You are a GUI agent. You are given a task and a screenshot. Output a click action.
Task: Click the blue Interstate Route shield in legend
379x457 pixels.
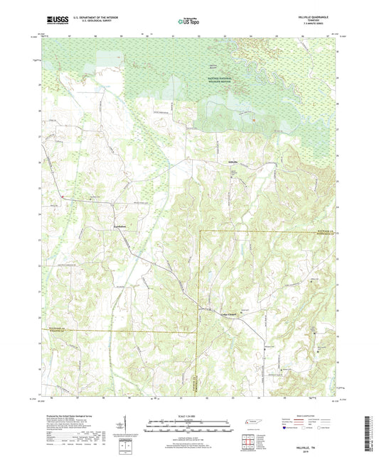click(x=285, y=429)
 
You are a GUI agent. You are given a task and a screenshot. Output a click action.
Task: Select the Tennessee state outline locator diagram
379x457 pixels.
click(x=252, y=422)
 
